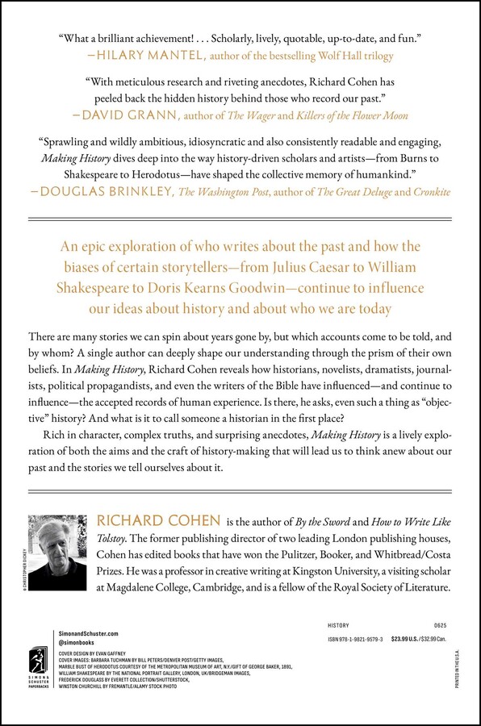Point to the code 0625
click(441, 625)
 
